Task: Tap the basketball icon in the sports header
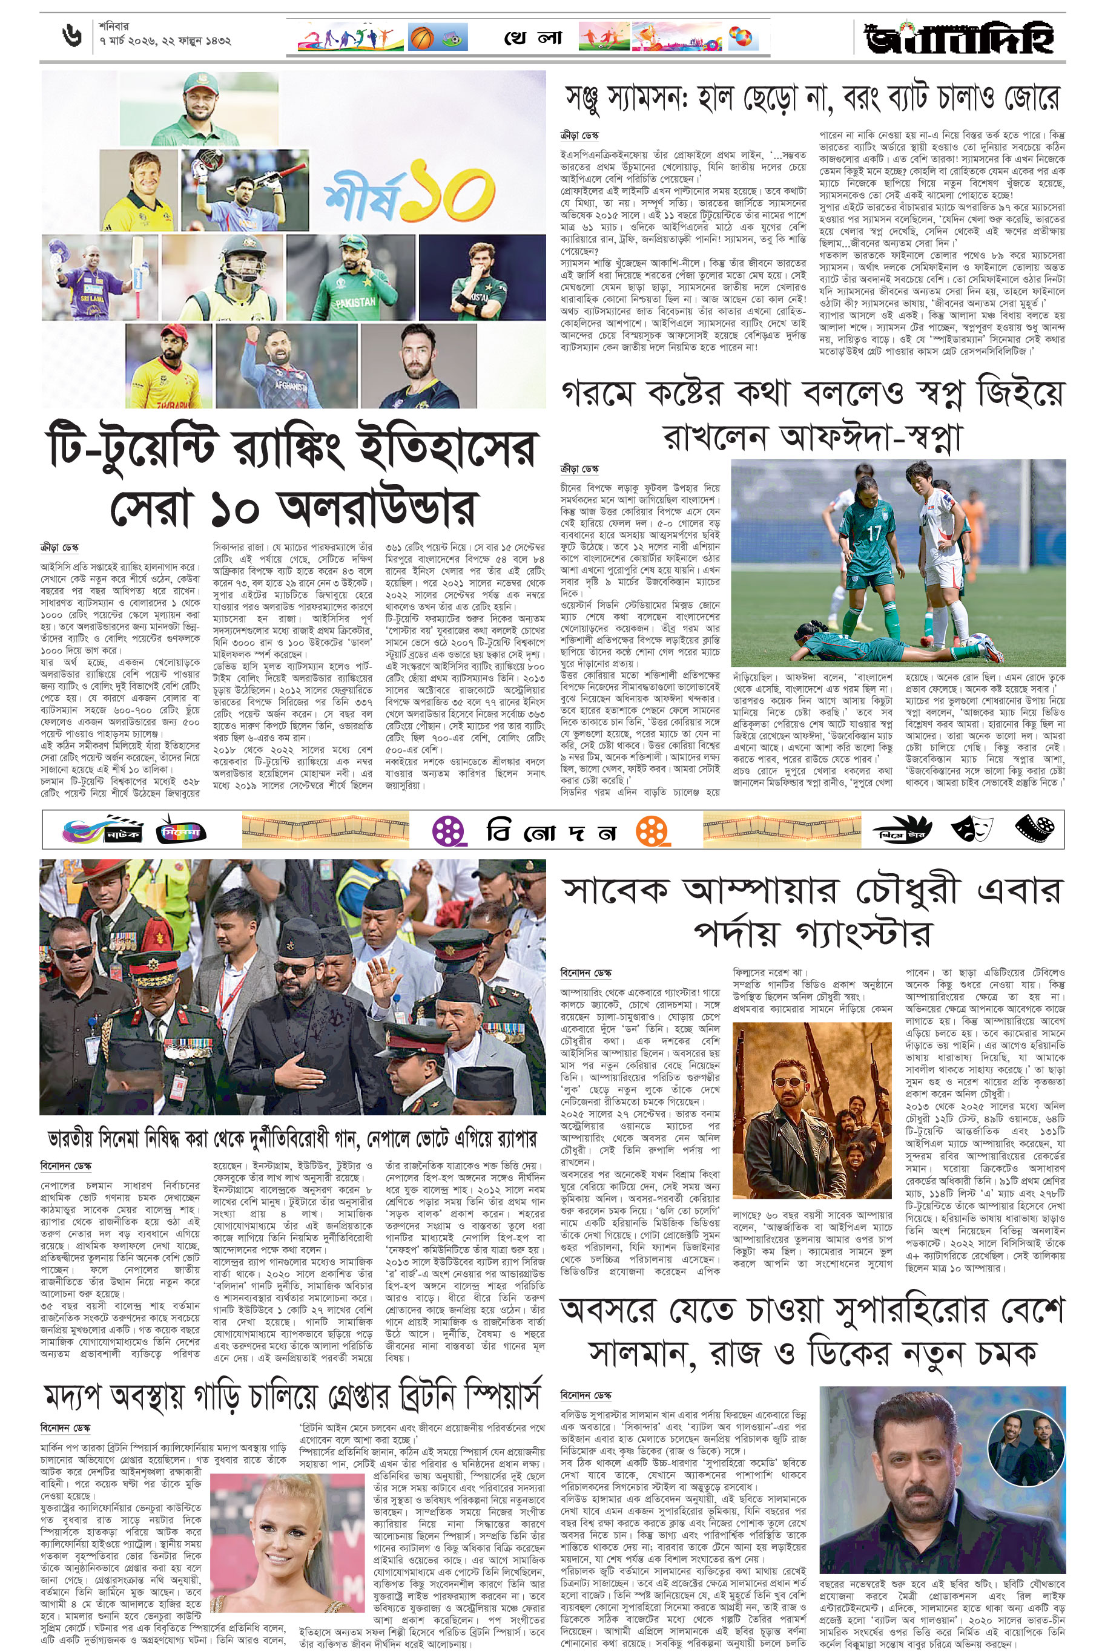click(421, 36)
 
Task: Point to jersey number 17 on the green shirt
click(874, 533)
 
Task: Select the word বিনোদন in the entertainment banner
click(551, 832)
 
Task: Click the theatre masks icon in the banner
click(972, 830)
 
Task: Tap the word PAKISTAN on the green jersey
click(355, 301)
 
